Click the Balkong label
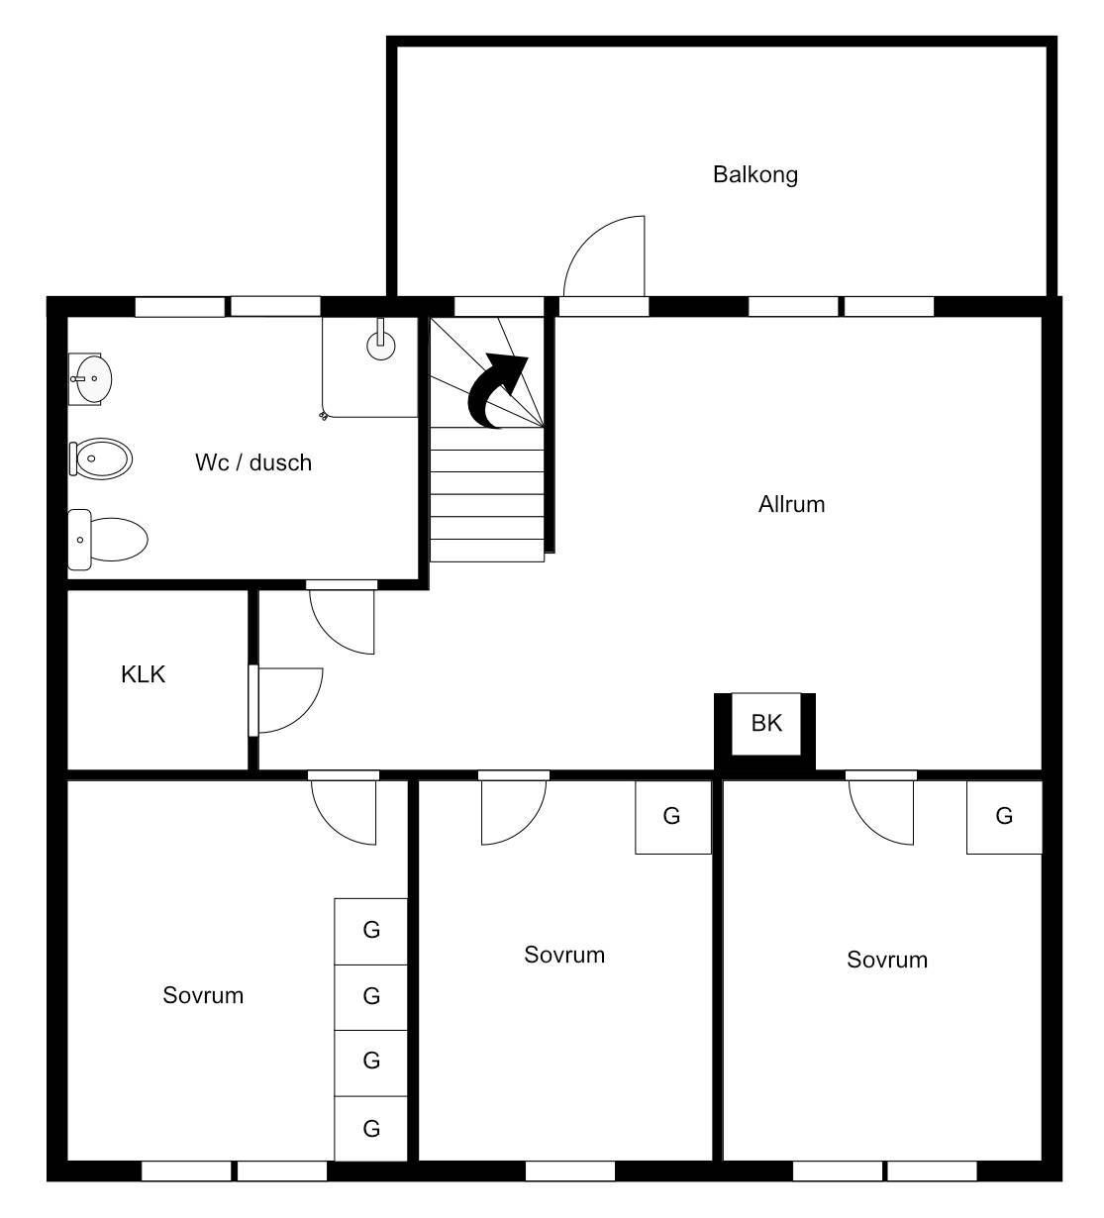click(754, 175)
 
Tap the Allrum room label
click(791, 505)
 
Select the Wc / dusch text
click(253, 462)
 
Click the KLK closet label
click(143, 674)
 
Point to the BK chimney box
click(765, 723)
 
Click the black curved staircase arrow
click(497, 391)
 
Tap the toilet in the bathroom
click(108, 540)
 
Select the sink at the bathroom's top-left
click(90, 379)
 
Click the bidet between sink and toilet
click(101, 458)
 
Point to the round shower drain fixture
click(381, 347)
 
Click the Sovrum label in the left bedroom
click(203, 996)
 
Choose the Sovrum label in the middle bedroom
click(564, 956)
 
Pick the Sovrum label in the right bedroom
click(887, 960)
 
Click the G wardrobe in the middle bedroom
click(673, 817)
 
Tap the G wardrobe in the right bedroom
click(1004, 817)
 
